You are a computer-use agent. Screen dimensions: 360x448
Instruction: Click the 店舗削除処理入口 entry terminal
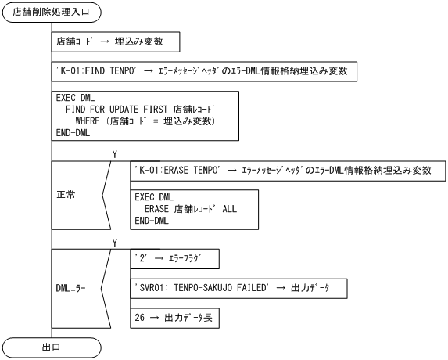pyautogui.click(x=52, y=13)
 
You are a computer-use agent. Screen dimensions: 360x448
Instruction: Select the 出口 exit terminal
pyautogui.click(x=52, y=346)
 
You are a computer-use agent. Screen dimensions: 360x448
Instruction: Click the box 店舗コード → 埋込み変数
pyautogui.click(x=117, y=41)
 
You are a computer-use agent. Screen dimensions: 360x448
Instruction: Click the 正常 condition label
pyautogui.click(x=67, y=193)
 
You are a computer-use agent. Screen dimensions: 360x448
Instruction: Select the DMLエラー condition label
pyautogui.click(x=69, y=288)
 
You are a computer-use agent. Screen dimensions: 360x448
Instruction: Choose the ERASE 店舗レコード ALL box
pyautogui.click(x=195, y=209)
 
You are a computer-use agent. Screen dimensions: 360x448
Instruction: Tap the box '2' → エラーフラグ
pyautogui.click(x=176, y=258)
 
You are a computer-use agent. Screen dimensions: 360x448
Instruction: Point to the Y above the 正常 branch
pyautogui.click(x=115, y=155)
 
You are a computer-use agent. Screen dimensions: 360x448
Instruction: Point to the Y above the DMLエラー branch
pyautogui.click(x=115, y=243)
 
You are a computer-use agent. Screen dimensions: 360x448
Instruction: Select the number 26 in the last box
pyautogui.click(x=141, y=319)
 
